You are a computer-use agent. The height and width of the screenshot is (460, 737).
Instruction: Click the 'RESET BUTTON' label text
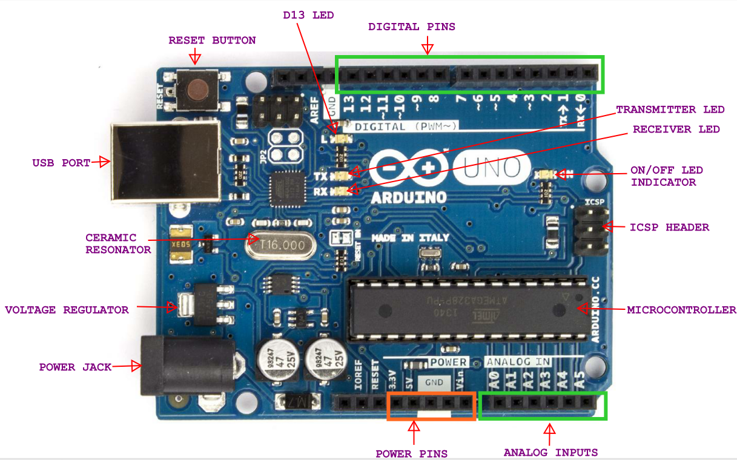point(212,41)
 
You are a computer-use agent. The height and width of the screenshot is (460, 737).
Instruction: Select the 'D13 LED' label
point(308,15)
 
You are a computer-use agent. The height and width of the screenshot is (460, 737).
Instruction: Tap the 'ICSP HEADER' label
point(669,228)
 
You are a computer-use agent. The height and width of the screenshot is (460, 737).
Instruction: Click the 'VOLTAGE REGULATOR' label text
point(67,310)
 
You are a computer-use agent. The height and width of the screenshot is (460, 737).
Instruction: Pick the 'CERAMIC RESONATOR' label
point(118,243)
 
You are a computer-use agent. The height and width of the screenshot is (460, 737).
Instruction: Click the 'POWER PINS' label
point(412,454)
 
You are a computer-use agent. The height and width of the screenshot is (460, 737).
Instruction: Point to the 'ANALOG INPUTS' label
point(550,453)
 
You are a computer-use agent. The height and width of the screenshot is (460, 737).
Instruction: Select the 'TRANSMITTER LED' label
point(670,110)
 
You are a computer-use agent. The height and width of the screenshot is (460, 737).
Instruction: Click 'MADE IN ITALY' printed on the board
point(410,238)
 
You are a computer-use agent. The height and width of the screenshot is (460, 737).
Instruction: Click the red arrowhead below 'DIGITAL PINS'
point(428,47)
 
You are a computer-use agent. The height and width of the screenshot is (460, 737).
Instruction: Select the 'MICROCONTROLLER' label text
point(681,310)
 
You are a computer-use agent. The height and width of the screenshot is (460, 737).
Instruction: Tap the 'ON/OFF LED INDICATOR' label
point(666,176)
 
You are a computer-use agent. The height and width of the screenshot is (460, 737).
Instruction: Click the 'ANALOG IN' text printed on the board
point(518,362)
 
